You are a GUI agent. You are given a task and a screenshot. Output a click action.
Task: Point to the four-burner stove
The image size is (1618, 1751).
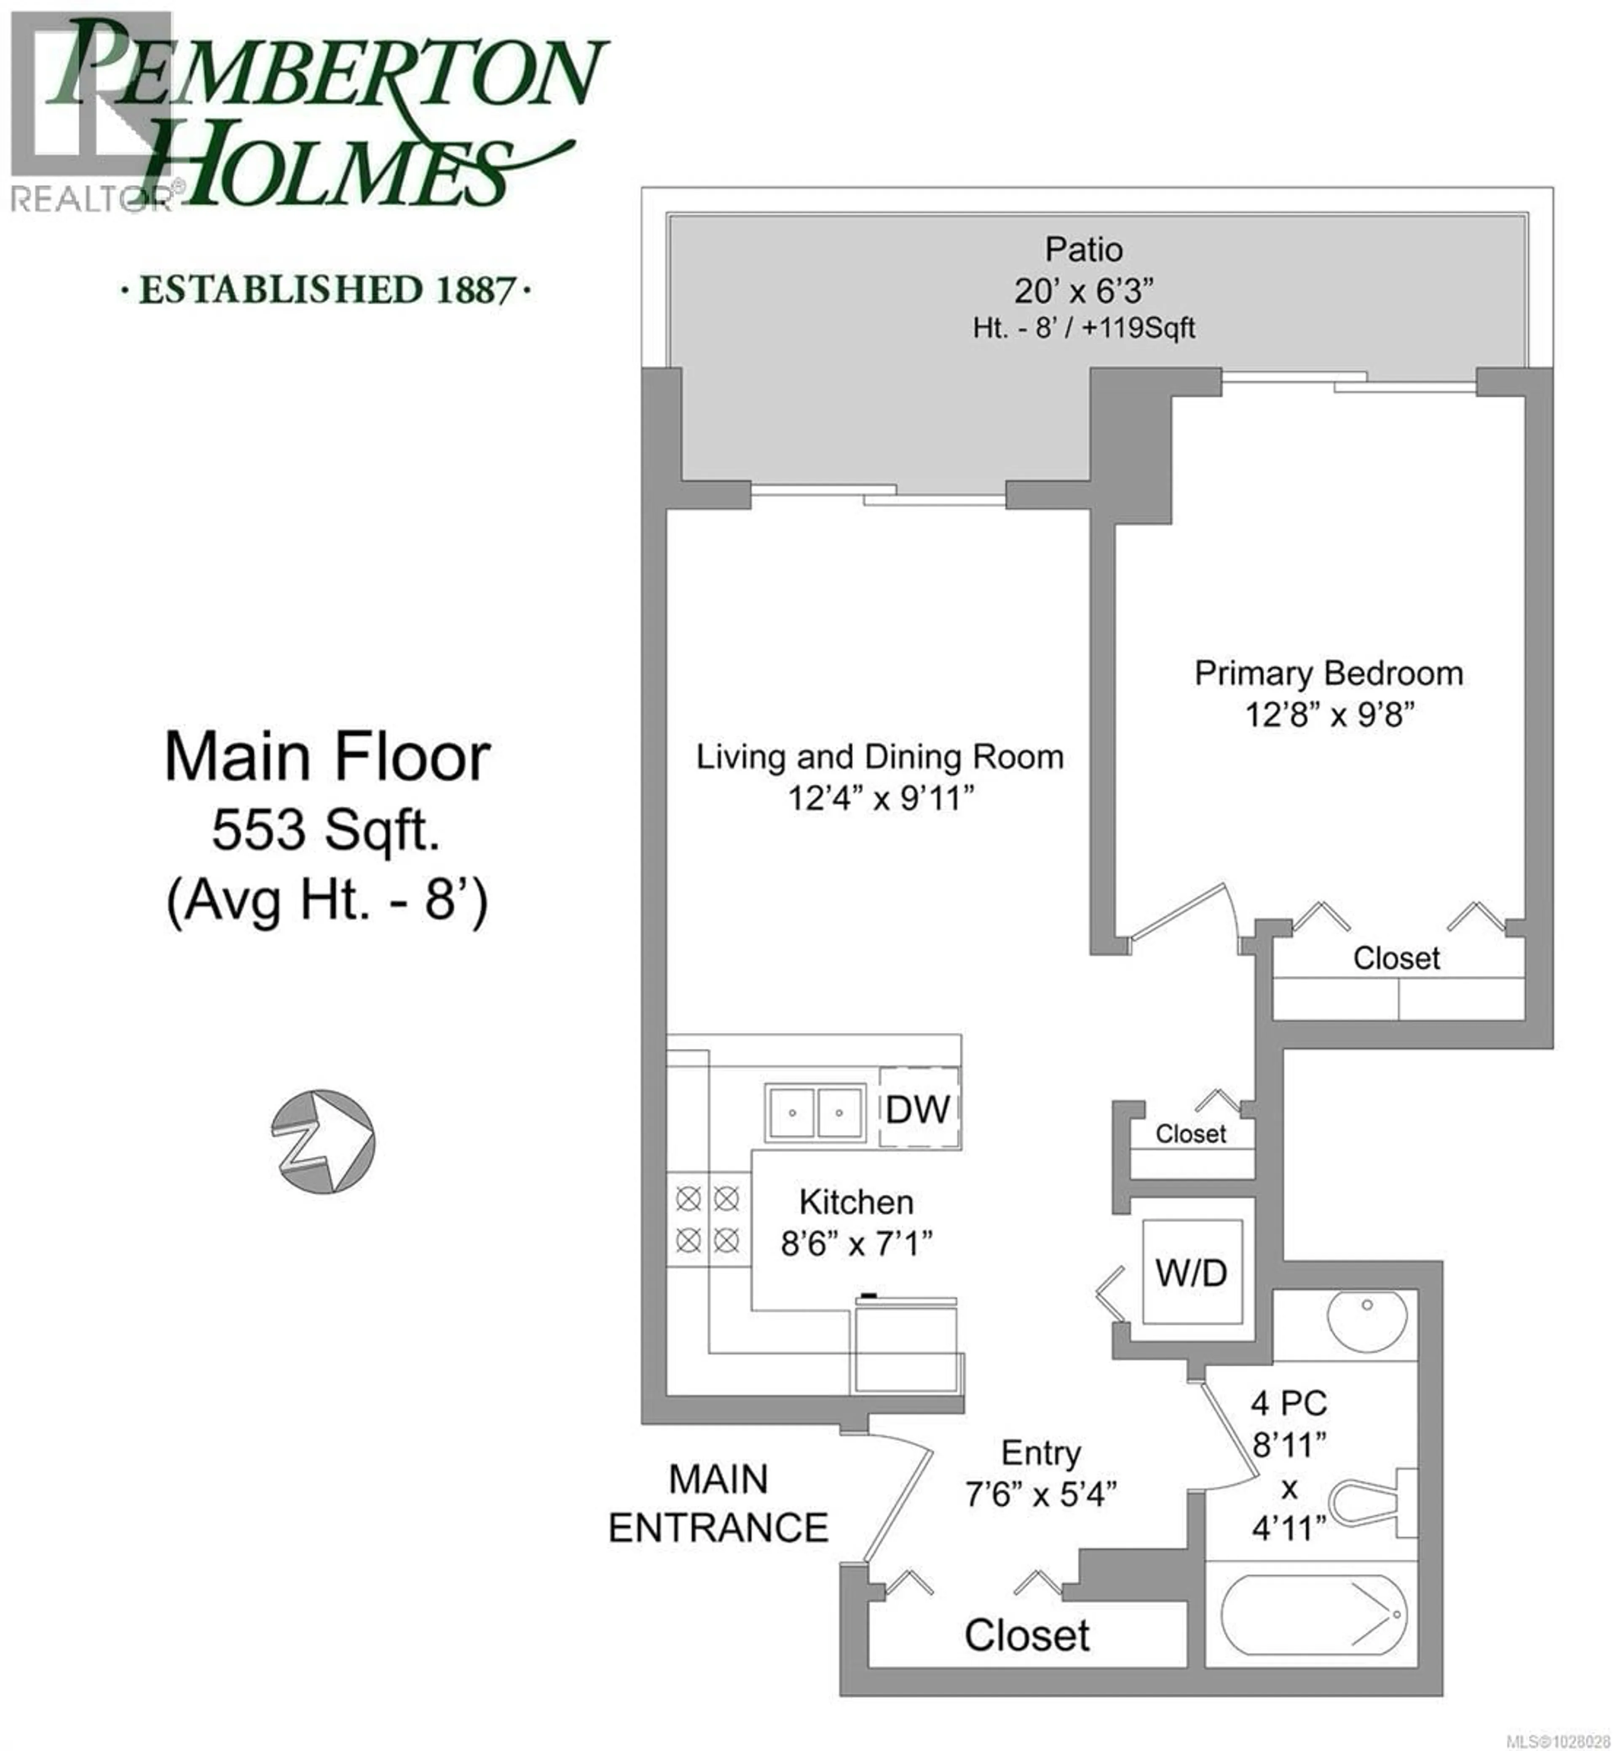click(707, 1219)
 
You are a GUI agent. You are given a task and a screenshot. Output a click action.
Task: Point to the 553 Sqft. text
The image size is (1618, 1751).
click(326, 829)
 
